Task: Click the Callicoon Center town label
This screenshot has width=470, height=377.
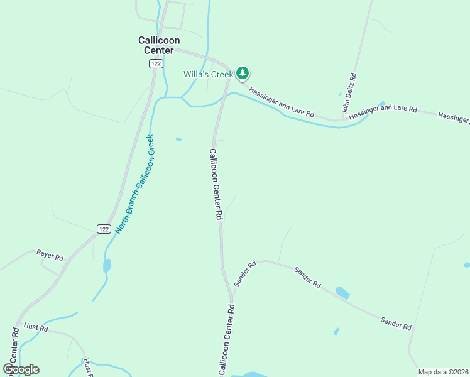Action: pyautogui.click(x=156, y=45)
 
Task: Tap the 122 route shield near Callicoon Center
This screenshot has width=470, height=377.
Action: pyautogui.click(x=155, y=63)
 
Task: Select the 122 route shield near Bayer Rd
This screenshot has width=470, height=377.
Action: pyautogui.click(x=104, y=229)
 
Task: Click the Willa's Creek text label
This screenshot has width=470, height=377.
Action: pyautogui.click(x=208, y=74)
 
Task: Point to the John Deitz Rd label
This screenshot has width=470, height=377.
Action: pyautogui.click(x=349, y=93)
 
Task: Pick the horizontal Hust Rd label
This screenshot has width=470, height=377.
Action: pyautogui.click(x=35, y=327)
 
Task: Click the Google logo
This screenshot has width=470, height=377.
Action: pyautogui.click(x=21, y=369)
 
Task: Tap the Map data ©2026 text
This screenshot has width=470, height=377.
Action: pyautogui.click(x=443, y=372)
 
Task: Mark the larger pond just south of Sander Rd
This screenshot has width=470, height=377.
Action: pyautogui.click(x=342, y=293)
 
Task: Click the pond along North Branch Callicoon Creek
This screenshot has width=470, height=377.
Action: pyautogui.click(x=107, y=265)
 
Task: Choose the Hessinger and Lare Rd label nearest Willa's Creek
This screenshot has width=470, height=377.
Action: pyautogui.click(x=281, y=102)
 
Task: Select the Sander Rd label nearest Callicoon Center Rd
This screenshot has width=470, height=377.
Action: pyautogui.click(x=245, y=274)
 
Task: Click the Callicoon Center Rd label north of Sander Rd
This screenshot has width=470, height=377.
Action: pyautogui.click(x=216, y=183)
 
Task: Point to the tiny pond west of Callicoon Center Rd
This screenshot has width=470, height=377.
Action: pyautogui.click(x=180, y=139)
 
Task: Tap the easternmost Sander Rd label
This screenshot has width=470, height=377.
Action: pyautogui.click(x=396, y=324)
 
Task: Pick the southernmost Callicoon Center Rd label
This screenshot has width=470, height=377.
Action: pyautogui.click(x=226, y=339)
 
